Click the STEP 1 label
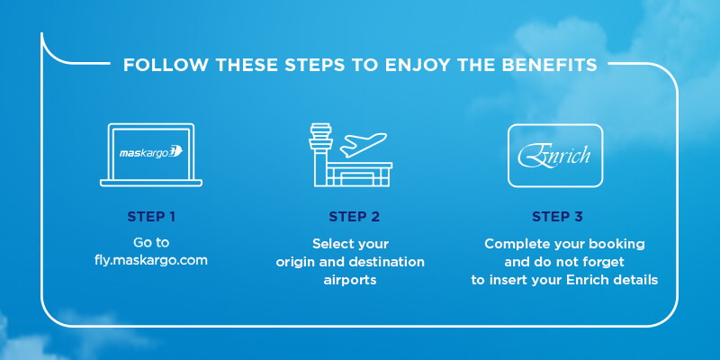point(151,216)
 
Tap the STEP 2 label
point(354,216)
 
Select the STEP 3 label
point(557,216)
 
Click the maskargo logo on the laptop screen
point(151,152)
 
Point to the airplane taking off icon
point(363,145)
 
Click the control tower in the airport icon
point(320,154)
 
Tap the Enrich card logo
point(554,156)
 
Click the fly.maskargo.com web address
point(151,260)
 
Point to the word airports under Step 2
point(350,280)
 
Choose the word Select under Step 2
point(328,243)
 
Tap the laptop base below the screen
point(151,184)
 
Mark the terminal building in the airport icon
point(359,175)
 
